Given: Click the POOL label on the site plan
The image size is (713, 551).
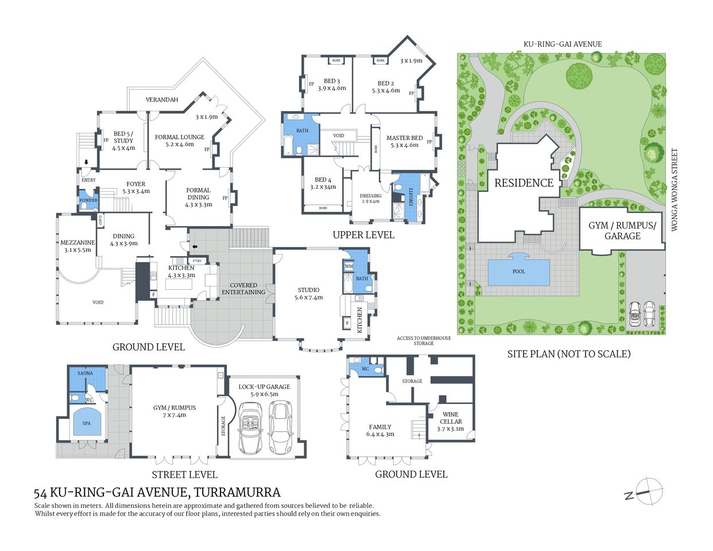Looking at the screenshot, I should (x=518, y=271).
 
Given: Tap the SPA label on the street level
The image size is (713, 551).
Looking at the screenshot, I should (x=87, y=423).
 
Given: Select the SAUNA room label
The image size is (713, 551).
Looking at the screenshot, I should (x=85, y=373).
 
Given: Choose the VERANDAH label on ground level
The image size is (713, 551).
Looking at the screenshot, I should (x=162, y=100).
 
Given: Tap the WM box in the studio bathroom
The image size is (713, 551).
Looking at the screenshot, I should (x=348, y=266).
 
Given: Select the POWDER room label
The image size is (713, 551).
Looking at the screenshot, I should (x=88, y=200).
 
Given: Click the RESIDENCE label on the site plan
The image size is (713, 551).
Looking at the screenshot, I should (x=524, y=183).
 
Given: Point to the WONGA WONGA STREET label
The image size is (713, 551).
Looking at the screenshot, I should (x=675, y=190).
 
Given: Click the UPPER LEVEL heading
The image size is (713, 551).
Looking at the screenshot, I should (x=363, y=235).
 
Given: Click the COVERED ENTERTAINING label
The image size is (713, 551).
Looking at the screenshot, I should (x=243, y=289).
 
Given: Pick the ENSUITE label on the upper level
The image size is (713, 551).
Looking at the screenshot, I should (x=411, y=196).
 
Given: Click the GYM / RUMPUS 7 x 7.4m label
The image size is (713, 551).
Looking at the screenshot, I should (x=175, y=411).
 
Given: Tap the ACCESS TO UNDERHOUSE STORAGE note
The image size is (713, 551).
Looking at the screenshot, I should (x=424, y=340).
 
